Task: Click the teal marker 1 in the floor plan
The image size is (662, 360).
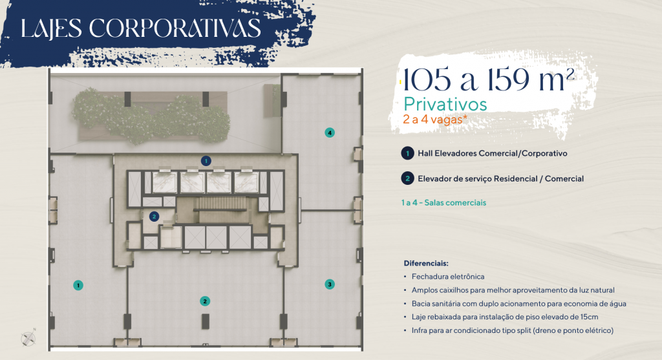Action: (78, 285)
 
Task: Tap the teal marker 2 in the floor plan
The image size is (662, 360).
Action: (205, 301)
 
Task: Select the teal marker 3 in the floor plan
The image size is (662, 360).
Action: (330, 284)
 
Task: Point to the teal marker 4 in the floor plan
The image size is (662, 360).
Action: (330, 132)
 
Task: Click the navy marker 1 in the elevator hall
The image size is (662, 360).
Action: (206, 161)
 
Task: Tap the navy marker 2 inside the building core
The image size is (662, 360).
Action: (154, 217)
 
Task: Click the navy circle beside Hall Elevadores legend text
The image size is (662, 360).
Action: (407, 153)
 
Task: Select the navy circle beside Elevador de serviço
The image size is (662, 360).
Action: (407, 178)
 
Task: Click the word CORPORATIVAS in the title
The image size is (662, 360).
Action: (175, 28)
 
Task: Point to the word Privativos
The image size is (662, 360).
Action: (445, 104)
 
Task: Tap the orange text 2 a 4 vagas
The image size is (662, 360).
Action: (435, 120)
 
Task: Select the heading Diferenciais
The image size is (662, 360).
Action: (426, 263)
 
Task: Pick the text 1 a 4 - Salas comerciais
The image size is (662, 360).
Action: (443, 202)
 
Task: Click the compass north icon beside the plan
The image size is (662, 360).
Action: (28, 338)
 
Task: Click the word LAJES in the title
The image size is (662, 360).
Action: (51, 29)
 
